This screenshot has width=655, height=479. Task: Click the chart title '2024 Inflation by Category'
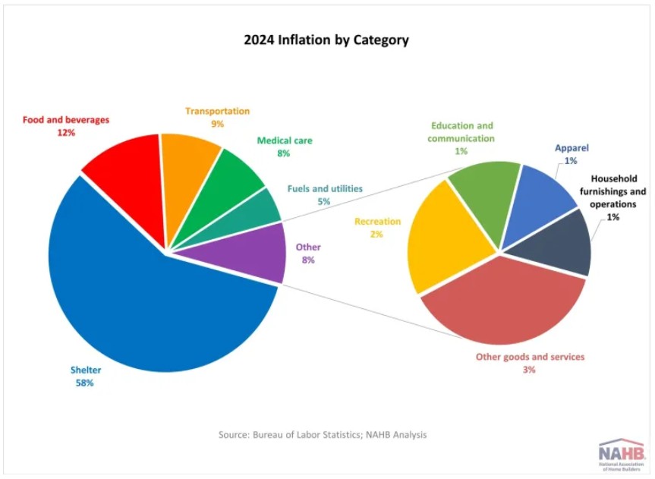(x=326, y=40)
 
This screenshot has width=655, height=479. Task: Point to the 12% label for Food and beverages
(x=66, y=133)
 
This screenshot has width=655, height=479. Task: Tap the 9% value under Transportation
(x=217, y=124)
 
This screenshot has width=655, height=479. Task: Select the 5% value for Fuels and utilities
(x=325, y=202)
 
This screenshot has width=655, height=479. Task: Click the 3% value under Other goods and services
(x=529, y=370)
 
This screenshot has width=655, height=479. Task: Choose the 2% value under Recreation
(x=376, y=235)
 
